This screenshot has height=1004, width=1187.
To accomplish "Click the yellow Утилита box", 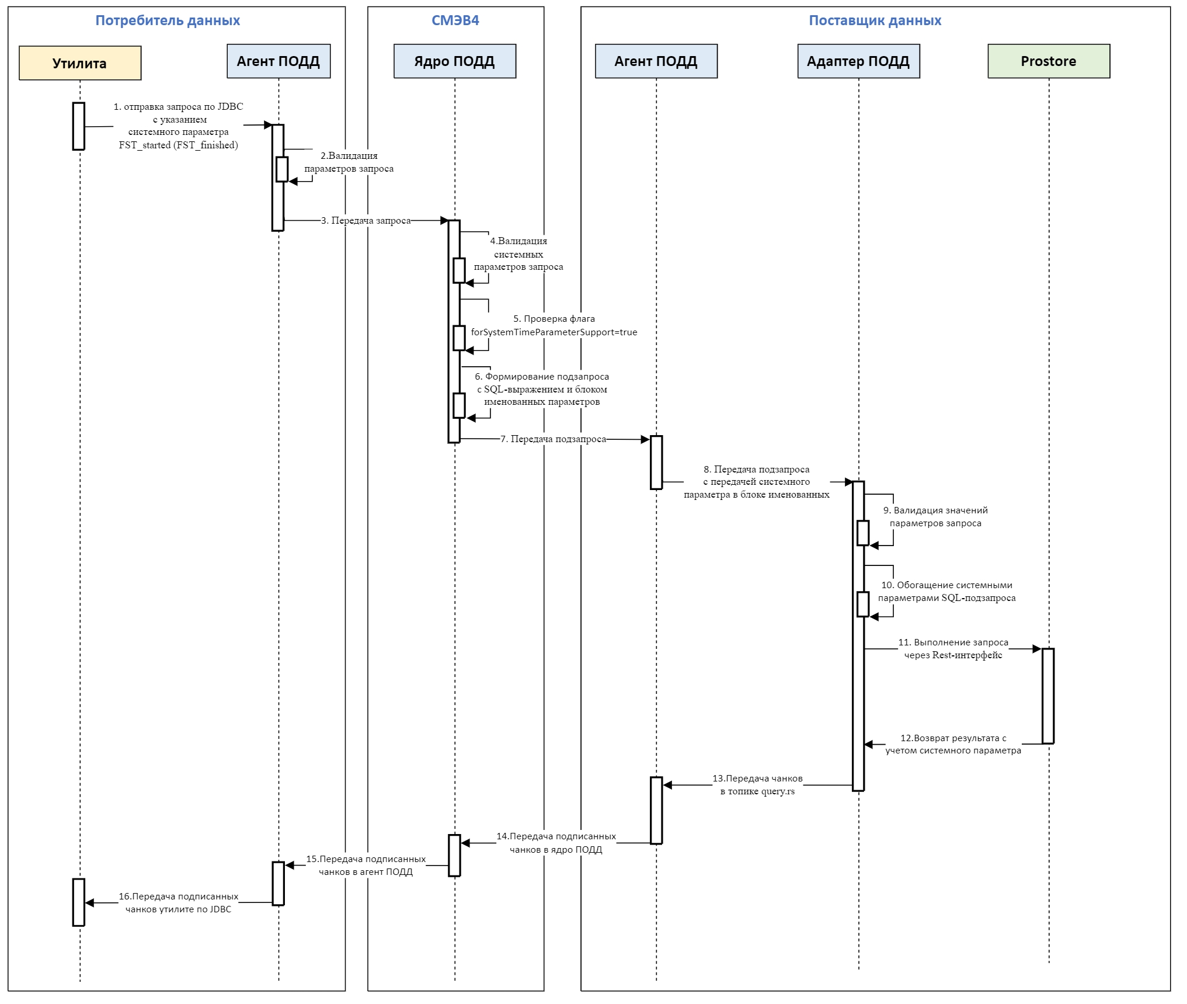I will [x=80, y=63].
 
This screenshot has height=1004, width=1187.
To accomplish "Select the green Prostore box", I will [x=1048, y=61].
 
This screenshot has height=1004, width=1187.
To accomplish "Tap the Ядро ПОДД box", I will [x=454, y=61].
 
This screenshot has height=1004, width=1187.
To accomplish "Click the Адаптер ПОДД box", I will [x=858, y=61].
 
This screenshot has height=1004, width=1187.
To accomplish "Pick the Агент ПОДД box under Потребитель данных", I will [x=278, y=61].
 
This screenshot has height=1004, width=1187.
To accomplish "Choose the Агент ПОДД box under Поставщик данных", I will [x=656, y=61].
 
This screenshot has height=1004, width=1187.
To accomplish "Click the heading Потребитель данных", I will [x=168, y=20].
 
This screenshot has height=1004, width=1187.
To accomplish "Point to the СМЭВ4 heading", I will [x=455, y=20].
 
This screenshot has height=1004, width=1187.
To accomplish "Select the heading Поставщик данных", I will [x=875, y=20].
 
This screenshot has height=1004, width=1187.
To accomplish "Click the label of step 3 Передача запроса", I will [x=366, y=221].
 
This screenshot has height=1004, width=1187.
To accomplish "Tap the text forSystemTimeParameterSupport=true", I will [x=554, y=332].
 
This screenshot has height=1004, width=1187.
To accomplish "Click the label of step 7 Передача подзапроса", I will [x=553, y=439].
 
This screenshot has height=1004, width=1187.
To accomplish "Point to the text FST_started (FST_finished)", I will [x=178, y=145].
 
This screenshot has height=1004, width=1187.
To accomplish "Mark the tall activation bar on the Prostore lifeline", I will [x=1047, y=696].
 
